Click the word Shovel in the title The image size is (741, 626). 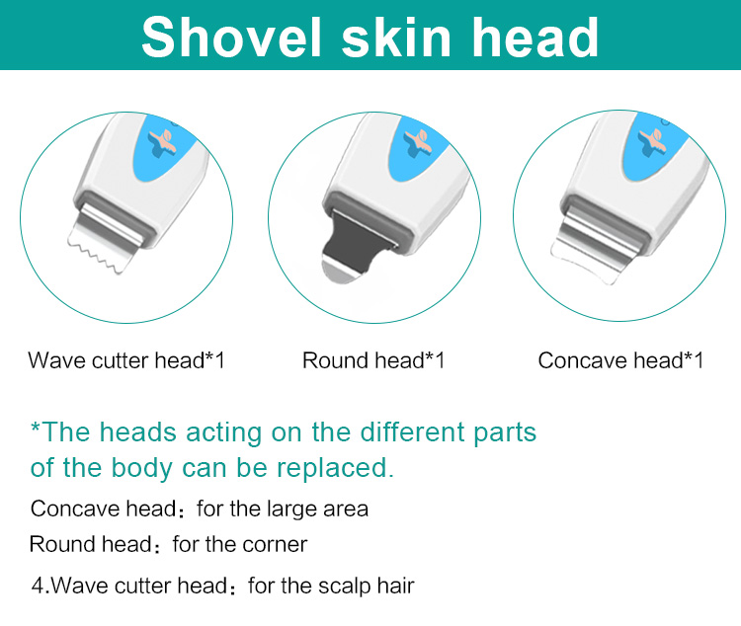231,37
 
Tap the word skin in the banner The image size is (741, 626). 396,37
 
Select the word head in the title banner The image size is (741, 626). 535,37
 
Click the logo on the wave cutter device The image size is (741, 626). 162,142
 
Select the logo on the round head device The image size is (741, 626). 417,142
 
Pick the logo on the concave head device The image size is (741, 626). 652,142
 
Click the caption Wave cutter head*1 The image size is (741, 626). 126,360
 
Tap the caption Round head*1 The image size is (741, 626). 373,360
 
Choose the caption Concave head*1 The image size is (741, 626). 620,360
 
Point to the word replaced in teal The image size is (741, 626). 335,468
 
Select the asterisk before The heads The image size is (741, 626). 36,428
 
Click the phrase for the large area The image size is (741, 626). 283,509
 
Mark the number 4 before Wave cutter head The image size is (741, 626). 38,586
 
